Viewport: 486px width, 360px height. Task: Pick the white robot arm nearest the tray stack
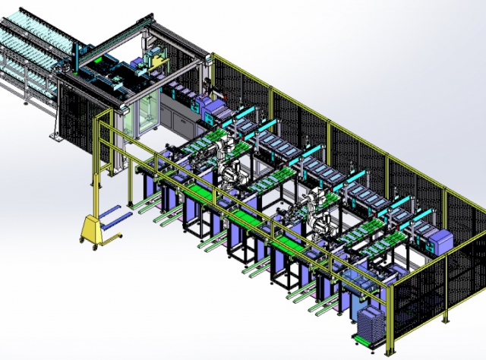[x=317, y=216]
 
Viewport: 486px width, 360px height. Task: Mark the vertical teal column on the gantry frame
[x=77, y=56]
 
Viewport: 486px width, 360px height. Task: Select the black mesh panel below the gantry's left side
[x=76, y=114]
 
